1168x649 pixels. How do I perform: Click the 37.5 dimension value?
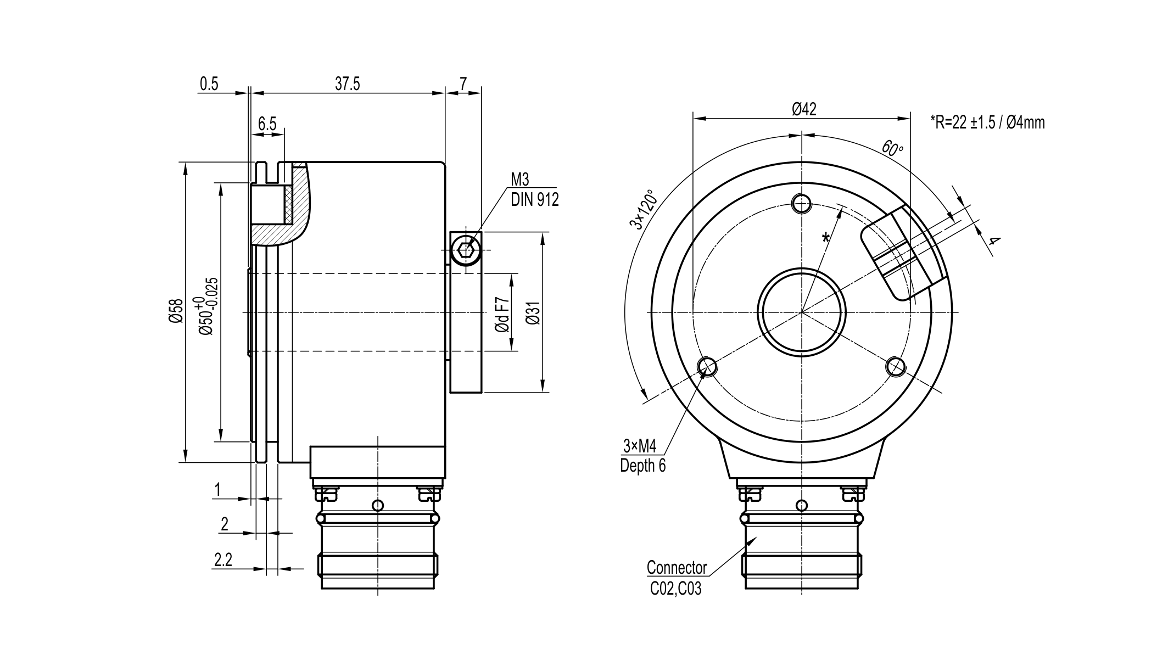tap(348, 83)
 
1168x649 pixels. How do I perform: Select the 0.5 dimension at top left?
tap(209, 83)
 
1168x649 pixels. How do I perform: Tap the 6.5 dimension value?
tap(267, 124)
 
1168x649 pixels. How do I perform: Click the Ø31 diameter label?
tap(533, 312)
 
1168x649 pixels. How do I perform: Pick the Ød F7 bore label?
tap(502, 314)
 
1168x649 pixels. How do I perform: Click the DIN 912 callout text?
tap(534, 199)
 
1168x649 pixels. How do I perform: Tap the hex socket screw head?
tap(466, 250)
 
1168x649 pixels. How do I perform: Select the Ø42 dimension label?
tap(804, 109)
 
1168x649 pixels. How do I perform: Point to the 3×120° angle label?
tap(643, 210)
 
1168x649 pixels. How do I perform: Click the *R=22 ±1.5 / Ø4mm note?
tap(987, 122)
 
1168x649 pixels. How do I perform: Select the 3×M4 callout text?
tap(640, 445)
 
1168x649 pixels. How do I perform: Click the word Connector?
tap(677, 567)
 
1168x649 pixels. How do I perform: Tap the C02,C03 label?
tap(675, 589)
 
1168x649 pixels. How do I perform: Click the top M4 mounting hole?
tap(802, 203)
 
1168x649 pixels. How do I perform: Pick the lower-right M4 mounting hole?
tap(896, 366)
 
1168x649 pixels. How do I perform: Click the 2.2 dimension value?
tap(223, 560)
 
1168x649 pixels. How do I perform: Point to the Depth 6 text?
tap(642, 466)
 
